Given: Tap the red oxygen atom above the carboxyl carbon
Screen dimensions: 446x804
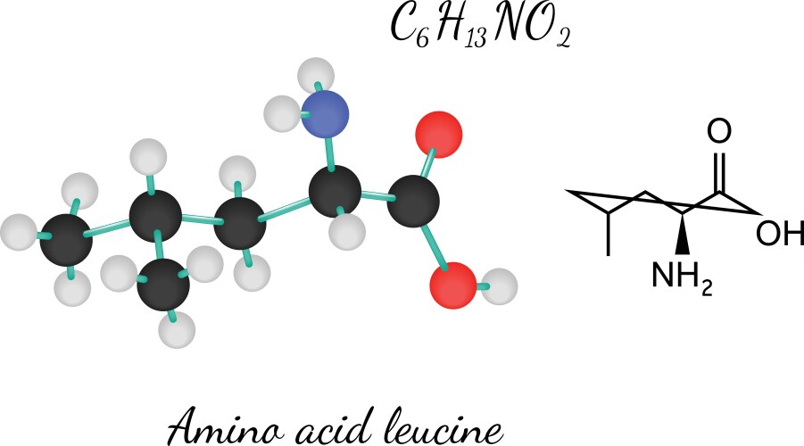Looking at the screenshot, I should pyautogui.click(x=439, y=135).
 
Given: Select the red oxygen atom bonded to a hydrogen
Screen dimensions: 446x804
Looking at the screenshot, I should pyautogui.click(x=452, y=285).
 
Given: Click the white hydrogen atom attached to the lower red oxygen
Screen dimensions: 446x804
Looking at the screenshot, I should pyautogui.click(x=503, y=286).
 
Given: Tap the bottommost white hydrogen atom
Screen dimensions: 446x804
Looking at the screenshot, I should pyautogui.click(x=175, y=331).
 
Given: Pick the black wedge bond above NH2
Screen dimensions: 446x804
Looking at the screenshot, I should pyautogui.click(x=684, y=233).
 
